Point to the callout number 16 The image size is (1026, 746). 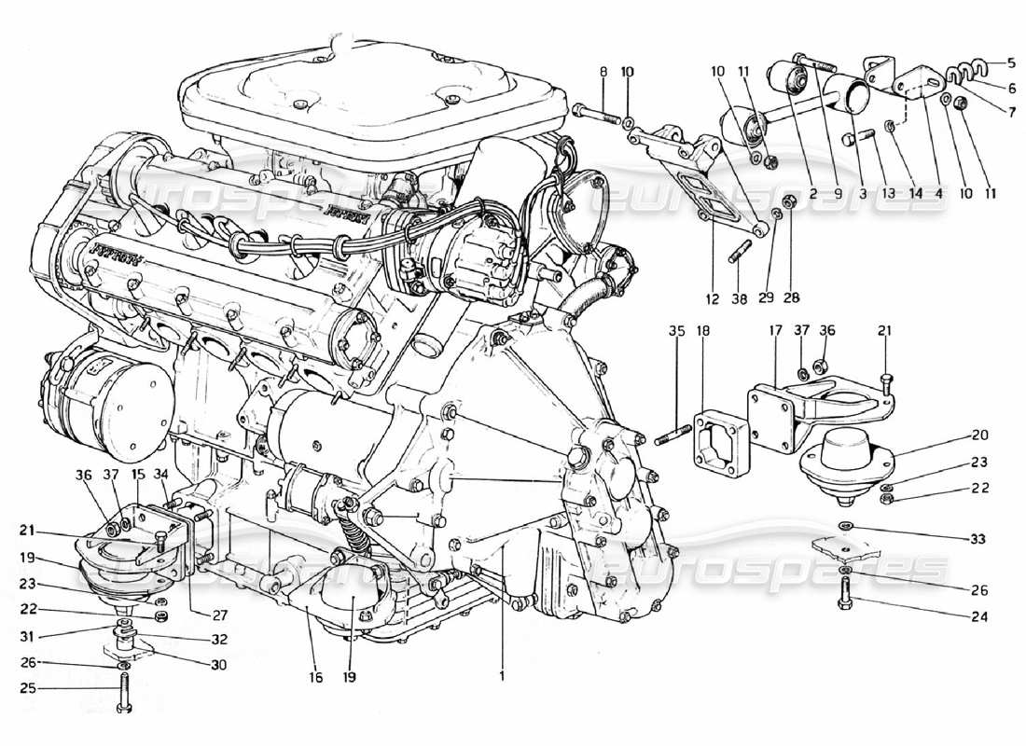click(x=316, y=678)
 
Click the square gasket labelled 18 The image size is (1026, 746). click(x=722, y=440)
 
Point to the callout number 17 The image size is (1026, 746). click(x=773, y=330)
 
